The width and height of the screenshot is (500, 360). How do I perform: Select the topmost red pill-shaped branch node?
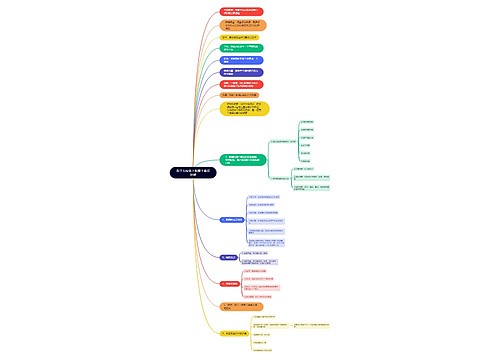[x=243, y=12]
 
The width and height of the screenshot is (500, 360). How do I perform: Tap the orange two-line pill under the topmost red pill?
[x=243, y=24]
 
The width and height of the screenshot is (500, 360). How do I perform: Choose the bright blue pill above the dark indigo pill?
[x=242, y=60]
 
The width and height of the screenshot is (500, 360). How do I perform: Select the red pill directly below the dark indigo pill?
[x=243, y=85]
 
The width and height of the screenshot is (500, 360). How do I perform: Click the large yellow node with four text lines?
[x=244, y=109]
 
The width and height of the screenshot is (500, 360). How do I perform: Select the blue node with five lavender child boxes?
[x=232, y=218]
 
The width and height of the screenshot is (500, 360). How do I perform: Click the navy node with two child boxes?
[x=229, y=257]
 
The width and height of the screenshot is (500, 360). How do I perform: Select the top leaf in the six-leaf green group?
[x=306, y=122]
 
